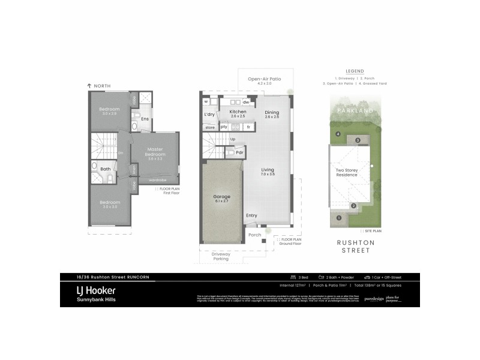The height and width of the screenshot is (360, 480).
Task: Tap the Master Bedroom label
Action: click(155, 152)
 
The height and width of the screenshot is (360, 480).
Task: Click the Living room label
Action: click(268, 172)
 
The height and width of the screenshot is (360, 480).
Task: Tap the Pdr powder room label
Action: click(239, 152)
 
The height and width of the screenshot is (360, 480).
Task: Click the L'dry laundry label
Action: click(209, 114)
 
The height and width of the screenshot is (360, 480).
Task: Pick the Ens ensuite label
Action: click(145, 118)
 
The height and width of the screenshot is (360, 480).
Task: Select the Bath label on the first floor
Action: click(105, 169)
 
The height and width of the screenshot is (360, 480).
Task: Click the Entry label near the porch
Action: click(251, 215)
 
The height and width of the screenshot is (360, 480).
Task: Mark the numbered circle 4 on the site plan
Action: click(338, 133)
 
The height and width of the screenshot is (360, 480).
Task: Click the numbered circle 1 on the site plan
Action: click(339, 218)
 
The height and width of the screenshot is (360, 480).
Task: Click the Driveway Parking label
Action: click(221, 257)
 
